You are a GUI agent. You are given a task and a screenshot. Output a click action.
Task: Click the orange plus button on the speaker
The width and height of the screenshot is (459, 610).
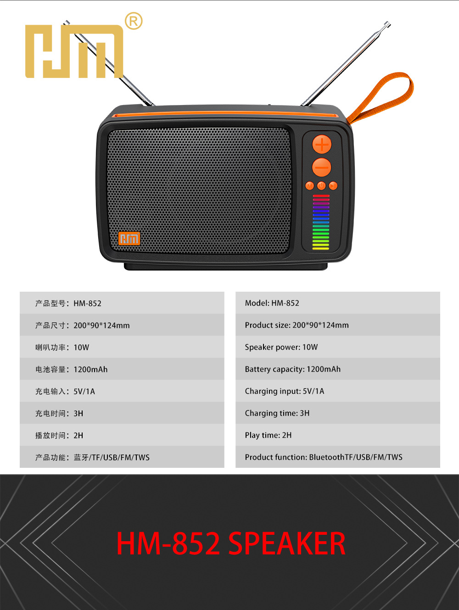tap(322, 144)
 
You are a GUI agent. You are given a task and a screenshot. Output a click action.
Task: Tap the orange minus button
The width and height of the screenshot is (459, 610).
tap(321, 167)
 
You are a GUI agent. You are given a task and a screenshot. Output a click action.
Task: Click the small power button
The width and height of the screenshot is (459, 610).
tap(321, 186)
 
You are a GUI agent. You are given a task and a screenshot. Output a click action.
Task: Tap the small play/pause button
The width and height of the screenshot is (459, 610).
tap(333, 186)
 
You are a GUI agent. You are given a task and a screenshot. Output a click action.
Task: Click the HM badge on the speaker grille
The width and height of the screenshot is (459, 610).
tap(129, 238)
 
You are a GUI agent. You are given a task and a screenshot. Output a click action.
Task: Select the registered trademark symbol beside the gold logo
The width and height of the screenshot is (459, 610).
tap(134, 21)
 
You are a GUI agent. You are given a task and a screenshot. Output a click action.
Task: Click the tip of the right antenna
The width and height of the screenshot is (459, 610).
tap(387, 23)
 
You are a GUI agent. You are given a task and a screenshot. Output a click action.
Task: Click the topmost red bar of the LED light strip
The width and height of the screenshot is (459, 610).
tap(321, 196)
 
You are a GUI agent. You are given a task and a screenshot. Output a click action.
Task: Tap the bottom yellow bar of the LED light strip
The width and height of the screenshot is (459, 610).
tap(321, 248)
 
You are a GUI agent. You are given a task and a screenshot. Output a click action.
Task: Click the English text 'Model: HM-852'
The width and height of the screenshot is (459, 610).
tap(272, 303)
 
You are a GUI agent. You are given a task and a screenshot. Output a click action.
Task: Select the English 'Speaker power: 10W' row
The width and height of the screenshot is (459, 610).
tap(281, 347)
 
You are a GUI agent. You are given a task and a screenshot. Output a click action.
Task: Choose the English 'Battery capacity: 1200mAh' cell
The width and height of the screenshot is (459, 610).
tap(292, 369)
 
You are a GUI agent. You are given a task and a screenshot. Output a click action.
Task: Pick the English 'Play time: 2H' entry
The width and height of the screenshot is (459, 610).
tap(268, 435)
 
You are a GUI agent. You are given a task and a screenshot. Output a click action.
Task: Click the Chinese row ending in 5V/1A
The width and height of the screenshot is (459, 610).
tap(65, 391)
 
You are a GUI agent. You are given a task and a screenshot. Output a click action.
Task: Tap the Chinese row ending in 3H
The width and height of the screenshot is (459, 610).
tap(59, 413)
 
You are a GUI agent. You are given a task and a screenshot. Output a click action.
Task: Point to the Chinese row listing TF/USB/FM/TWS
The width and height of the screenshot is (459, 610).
tap(92, 457)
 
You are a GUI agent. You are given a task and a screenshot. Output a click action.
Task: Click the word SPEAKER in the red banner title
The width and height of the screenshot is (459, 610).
tap(286, 544)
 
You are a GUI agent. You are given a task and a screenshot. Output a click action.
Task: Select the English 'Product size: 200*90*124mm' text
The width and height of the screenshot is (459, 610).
tap(297, 325)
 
